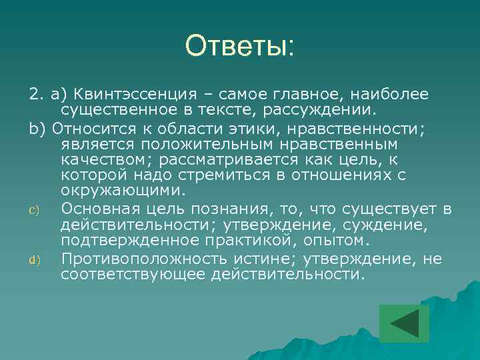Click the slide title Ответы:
coord(239,46)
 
